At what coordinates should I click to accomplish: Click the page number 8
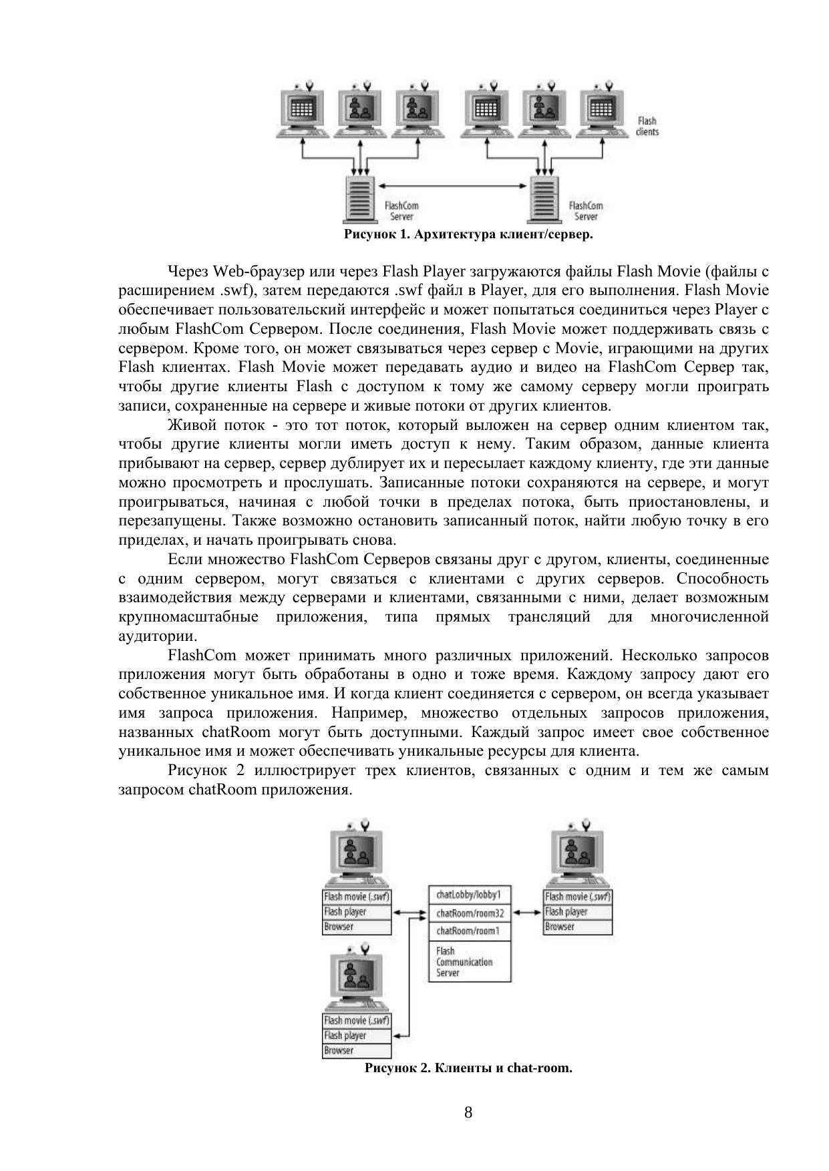tap(468, 1112)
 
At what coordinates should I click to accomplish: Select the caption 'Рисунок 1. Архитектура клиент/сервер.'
tap(468, 234)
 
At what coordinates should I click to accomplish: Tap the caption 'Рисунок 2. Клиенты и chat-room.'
tap(468, 1068)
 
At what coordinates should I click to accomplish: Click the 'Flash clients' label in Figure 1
tap(647, 126)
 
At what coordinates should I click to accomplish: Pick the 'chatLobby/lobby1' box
tap(469, 895)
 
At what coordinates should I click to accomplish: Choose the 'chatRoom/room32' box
tap(469, 913)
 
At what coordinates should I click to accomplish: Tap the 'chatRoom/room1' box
tap(469, 931)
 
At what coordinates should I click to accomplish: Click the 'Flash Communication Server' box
tap(469, 961)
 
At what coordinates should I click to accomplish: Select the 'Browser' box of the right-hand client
tap(578, 927)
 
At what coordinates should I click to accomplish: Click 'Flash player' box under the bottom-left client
tap(357, 1035)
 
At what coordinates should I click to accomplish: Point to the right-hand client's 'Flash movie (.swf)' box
tap(578, 897)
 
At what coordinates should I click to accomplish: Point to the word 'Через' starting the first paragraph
tap(188, 271)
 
